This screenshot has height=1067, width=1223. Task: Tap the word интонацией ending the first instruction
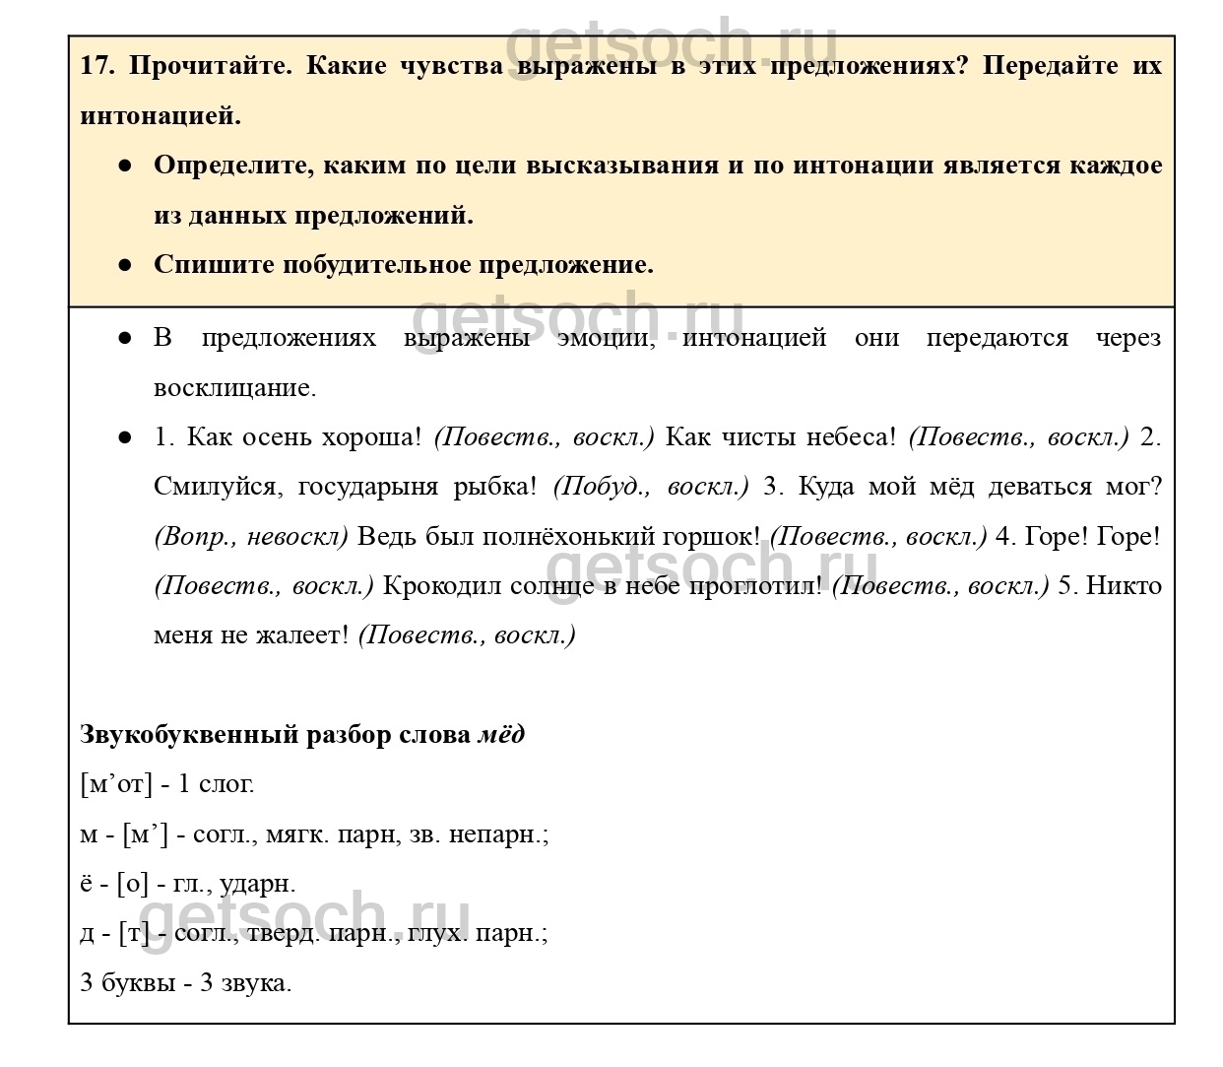click(160, 115)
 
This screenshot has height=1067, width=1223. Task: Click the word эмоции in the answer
click(605, 338)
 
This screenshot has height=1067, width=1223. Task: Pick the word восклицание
click(234, 387)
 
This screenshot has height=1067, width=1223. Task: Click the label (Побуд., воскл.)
click(651, 487)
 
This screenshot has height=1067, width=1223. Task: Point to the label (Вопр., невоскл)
click(251, 536)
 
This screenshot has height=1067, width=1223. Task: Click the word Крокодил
click(441, 585)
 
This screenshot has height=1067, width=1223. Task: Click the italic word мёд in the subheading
click(501, 735)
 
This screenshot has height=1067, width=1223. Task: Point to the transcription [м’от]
click(116, 784)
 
